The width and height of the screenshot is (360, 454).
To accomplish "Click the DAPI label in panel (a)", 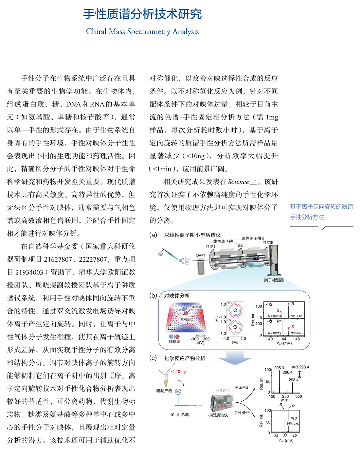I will click(200, 255).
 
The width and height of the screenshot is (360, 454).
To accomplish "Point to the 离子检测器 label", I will click(274, 280).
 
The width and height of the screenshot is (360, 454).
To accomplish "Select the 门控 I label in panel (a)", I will click(210, 246).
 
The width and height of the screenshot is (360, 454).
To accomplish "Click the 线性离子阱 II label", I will click(253, 238).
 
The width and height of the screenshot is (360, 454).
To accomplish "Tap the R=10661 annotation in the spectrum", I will click(296, 316).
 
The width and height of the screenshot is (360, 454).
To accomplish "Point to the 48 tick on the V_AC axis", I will click(297, 339).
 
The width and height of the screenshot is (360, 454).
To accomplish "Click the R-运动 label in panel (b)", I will click(196, 307).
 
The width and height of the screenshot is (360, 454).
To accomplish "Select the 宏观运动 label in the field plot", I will click(187, 319).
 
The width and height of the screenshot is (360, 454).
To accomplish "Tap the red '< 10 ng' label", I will click(179, 372).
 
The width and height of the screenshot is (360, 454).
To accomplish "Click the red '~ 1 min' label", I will click(223, 390).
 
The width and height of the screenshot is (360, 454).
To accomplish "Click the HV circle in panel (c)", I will click(178, 392).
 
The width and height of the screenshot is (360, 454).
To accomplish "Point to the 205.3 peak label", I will click(279, 368).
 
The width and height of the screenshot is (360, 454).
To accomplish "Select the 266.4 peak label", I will click(287, 372).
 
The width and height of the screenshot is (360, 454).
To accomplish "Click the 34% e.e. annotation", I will click(293, 424).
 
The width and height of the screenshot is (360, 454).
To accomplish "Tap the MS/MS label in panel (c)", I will click(242, 387).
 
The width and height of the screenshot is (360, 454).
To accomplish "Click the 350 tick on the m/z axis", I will click(298, 396).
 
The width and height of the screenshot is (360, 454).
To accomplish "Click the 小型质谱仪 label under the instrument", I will click(218, 415).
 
